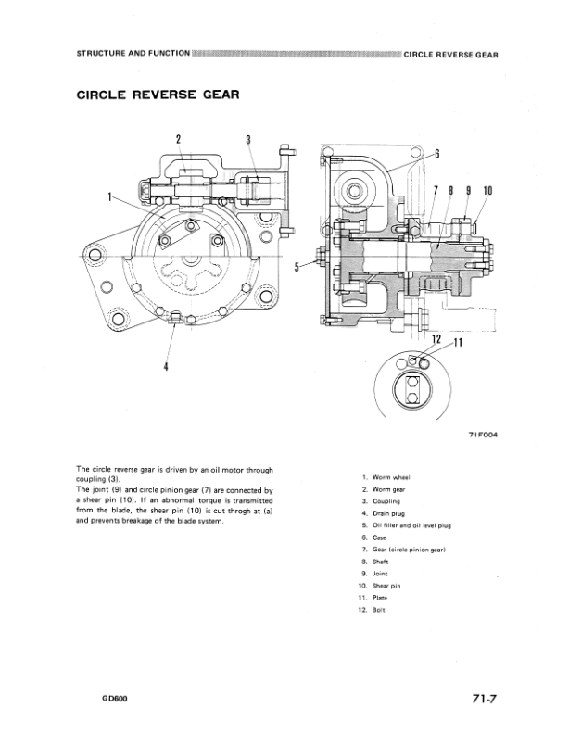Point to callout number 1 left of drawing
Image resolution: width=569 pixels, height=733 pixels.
[109, 196]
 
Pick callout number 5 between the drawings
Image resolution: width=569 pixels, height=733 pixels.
[297, 266]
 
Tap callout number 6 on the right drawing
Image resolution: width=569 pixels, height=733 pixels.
[436, 154]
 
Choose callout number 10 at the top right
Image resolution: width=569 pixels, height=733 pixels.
[487, 192]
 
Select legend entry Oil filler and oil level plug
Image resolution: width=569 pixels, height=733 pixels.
[411, 524]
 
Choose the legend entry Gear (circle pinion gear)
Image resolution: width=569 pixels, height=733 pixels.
[411, 550]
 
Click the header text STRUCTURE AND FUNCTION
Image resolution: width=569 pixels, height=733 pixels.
[129, 54]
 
